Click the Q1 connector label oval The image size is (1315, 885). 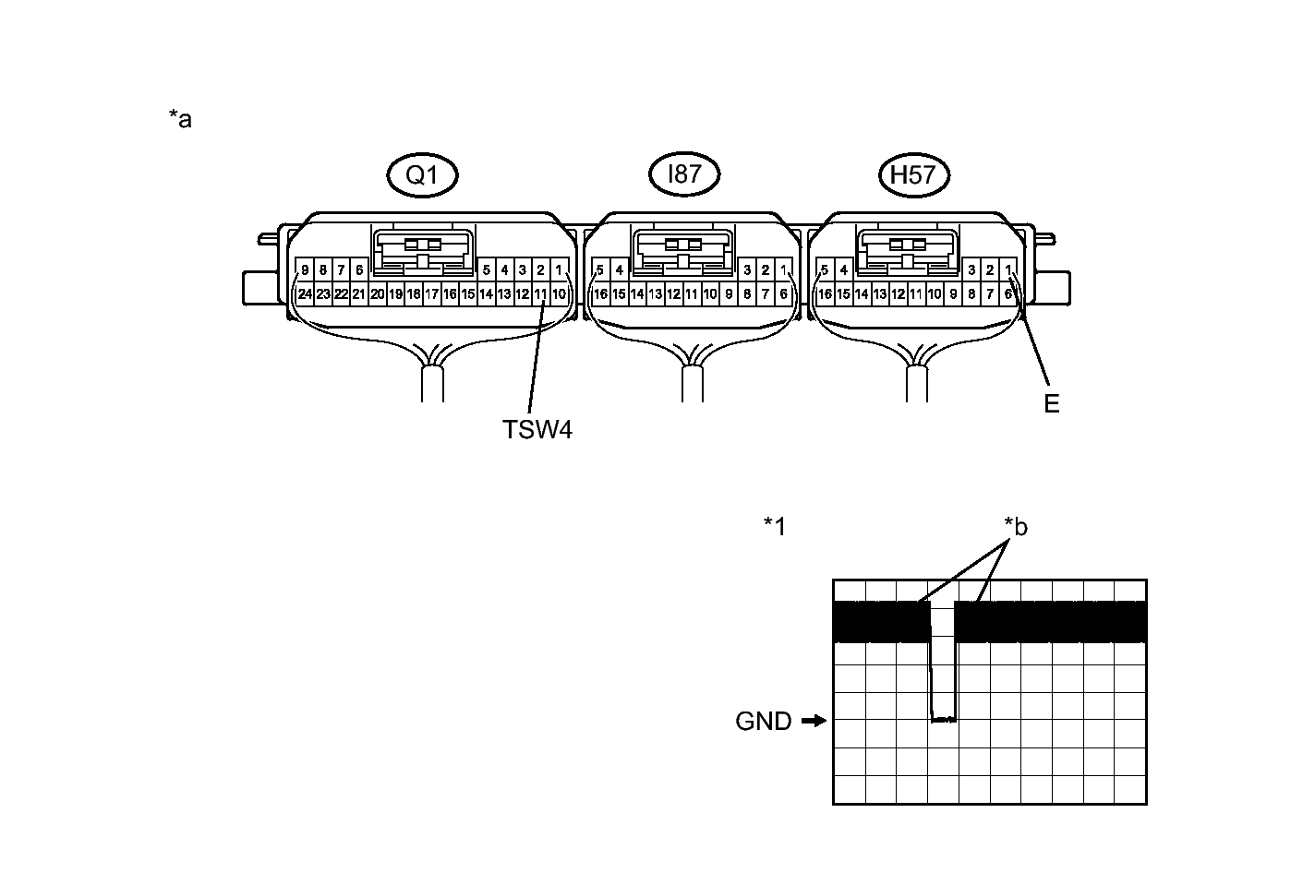click(422, 175)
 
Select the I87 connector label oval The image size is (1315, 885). click(683, 174)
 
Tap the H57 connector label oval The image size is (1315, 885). click(914, 175)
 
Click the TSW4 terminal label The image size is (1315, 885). click(537, 430)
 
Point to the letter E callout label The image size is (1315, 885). click(1051, 403)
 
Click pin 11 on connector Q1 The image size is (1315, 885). click(540, 294)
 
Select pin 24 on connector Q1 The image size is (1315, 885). click(305, 294)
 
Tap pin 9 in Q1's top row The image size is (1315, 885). click(305, 270)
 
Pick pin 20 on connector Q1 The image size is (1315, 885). click(377, 294)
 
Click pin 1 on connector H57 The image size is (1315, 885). click(1009, 270)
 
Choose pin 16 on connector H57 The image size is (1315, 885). click(825, 294)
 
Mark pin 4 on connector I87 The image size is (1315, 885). click(620, 270)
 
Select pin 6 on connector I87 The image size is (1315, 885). click(783, 294)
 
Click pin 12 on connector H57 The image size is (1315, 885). click(898, 294)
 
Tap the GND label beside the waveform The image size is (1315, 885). click(763, 722)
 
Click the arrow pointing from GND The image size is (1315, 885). click(814, 721)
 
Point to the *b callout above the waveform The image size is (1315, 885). click(1016, 527)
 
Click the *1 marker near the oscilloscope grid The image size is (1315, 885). click(775, 526)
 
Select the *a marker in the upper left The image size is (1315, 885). click(180, 119)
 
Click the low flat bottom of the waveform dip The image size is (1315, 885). click(944, 719)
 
